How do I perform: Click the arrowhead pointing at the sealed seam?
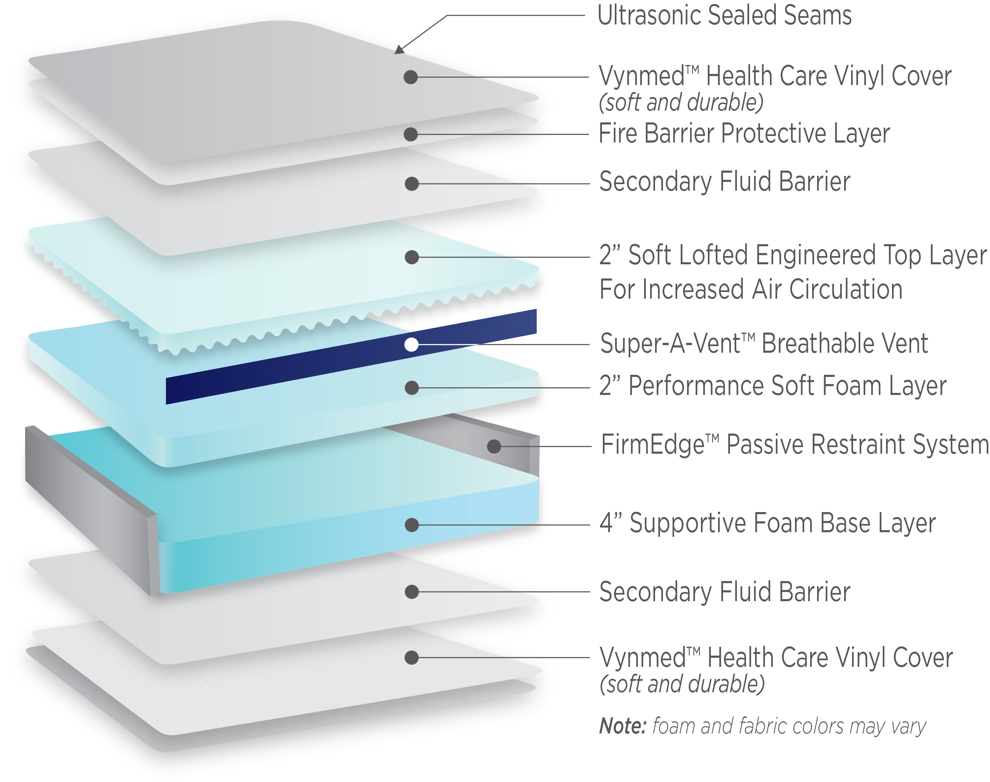[x=399, y=49]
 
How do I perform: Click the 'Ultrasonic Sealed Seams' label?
[x=724, y=15]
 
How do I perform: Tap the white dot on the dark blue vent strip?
[x=411, y=344]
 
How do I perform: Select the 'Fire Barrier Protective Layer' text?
[x=744, y=133]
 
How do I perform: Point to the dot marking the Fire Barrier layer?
[x=411, y=134]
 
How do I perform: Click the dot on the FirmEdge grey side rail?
[x=494, y=446]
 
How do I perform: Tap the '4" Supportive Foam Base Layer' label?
[x=768, y=523]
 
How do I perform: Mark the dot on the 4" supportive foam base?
[x=412, y=525]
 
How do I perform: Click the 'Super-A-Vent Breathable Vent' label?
[x=764, y=343]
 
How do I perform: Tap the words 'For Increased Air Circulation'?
[x=751, y=289]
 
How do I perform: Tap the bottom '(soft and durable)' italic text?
[x=682, y=684]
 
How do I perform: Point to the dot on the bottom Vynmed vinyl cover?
[x=412, y=658]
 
